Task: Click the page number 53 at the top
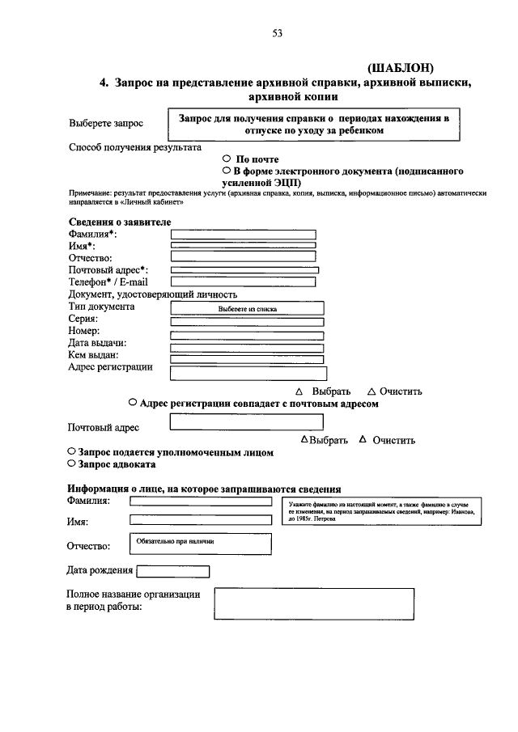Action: (278, 33)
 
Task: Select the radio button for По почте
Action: (227, 159)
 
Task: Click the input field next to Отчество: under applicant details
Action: (243, 256)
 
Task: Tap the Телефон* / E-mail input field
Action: (243, 281)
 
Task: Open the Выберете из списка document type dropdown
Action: (247, 308)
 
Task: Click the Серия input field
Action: (247, 322)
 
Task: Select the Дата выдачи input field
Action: (247, 347)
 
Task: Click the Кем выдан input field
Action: (247, 358)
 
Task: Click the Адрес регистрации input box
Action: (247, 372)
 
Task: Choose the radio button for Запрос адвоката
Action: (71, 464)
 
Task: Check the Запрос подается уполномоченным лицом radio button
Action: (71, 452)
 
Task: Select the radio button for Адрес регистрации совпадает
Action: (132, 402)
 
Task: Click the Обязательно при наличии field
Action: (200, 544)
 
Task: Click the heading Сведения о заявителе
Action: (119, 222)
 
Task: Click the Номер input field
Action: (247, 335)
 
